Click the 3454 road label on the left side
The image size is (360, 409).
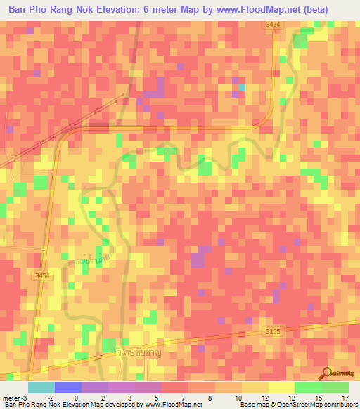coord(42,276)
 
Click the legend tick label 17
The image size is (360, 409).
coord(344,398)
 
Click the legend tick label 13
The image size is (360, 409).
coord(290,398)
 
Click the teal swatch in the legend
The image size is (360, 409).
coord(41,387)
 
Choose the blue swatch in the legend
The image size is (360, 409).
coord(68,387)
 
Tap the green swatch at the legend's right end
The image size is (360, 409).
coord(335,387)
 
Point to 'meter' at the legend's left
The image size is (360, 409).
coord(11,398)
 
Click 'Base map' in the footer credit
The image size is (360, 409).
coord(254,405)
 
